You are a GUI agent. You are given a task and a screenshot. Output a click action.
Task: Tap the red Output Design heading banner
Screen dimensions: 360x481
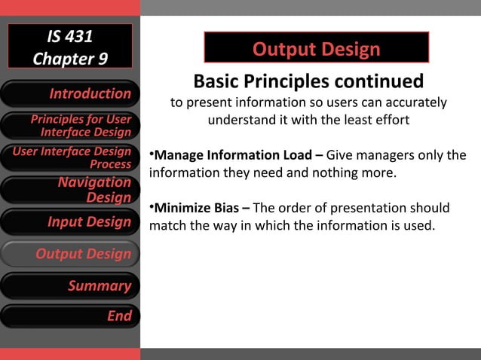(x=316, y=50)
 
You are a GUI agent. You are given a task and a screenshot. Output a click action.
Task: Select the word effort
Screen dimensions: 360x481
(x=390, y=121)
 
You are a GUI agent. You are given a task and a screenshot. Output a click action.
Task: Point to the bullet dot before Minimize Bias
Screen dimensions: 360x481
(x=152, y=206)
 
